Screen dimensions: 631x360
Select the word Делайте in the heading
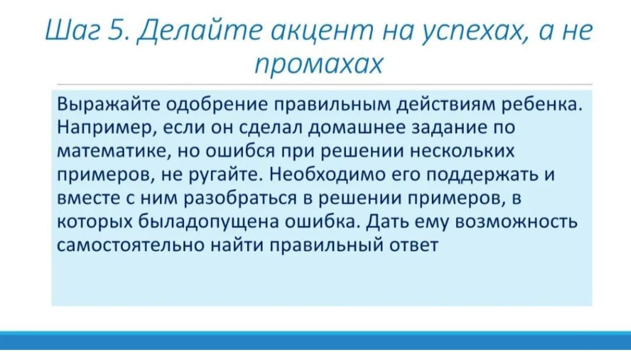199,31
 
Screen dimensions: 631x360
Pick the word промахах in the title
319,64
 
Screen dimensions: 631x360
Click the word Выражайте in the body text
108,105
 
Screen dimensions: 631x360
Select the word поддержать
481,174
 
